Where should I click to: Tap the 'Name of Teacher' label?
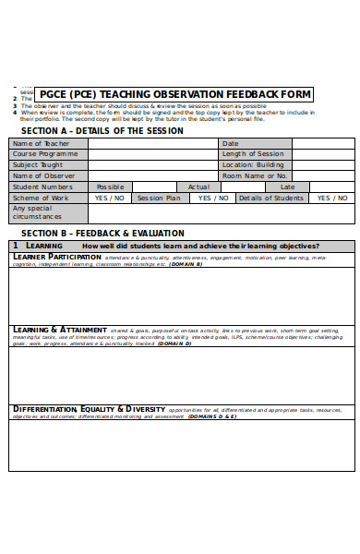[41, 143]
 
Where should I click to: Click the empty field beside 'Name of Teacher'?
[152, 143]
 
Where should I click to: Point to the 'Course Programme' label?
[44, 154]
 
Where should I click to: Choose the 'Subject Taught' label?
[40, 164]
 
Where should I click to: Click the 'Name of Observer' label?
[42, 175]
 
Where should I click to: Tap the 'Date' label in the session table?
[231, 143]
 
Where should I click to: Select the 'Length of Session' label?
[253, 154]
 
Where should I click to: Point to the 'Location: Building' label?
[254, 164]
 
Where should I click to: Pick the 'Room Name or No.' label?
[256, 175]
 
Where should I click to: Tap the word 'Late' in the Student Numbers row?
[287, 187]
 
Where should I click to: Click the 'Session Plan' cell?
[159, 198]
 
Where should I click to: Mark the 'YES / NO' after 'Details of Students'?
[332, 198]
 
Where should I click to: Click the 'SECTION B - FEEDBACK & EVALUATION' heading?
[102, 233]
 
